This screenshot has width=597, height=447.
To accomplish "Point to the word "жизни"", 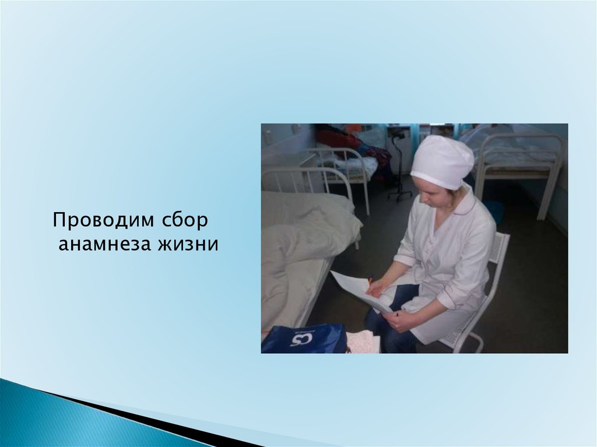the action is point(188,244).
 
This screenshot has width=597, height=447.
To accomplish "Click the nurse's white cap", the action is point(443,162).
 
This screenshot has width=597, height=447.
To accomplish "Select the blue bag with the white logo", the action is point(304,338).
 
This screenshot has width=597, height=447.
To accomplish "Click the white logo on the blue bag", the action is point(301,339).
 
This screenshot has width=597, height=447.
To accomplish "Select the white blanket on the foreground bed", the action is point(304,244).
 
